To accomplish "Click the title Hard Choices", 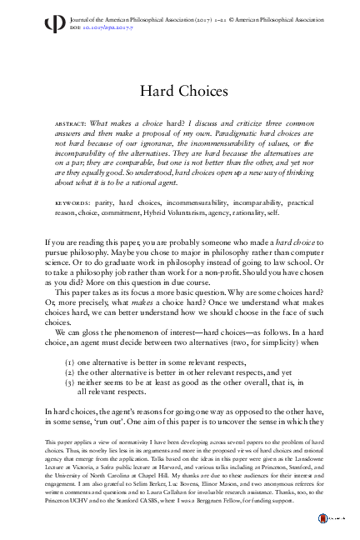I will (179, 90).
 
